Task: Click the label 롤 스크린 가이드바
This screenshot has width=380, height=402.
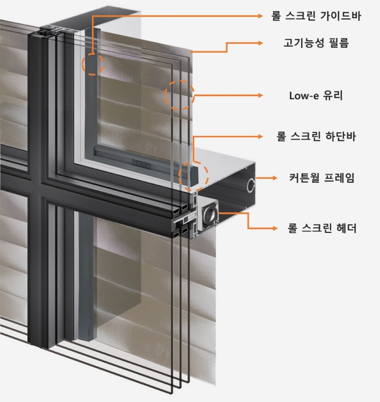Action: click(x=316, y=16)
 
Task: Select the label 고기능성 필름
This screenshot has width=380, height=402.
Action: click(x=316, y=43)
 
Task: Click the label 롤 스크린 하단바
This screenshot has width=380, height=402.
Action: click(x=316, y=137)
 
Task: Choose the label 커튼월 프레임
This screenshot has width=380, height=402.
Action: click(x=321, y=178)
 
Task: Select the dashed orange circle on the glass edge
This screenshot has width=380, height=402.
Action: click(x=180, y=95)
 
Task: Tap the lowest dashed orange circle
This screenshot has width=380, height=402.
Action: click(x=193, y=176)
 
